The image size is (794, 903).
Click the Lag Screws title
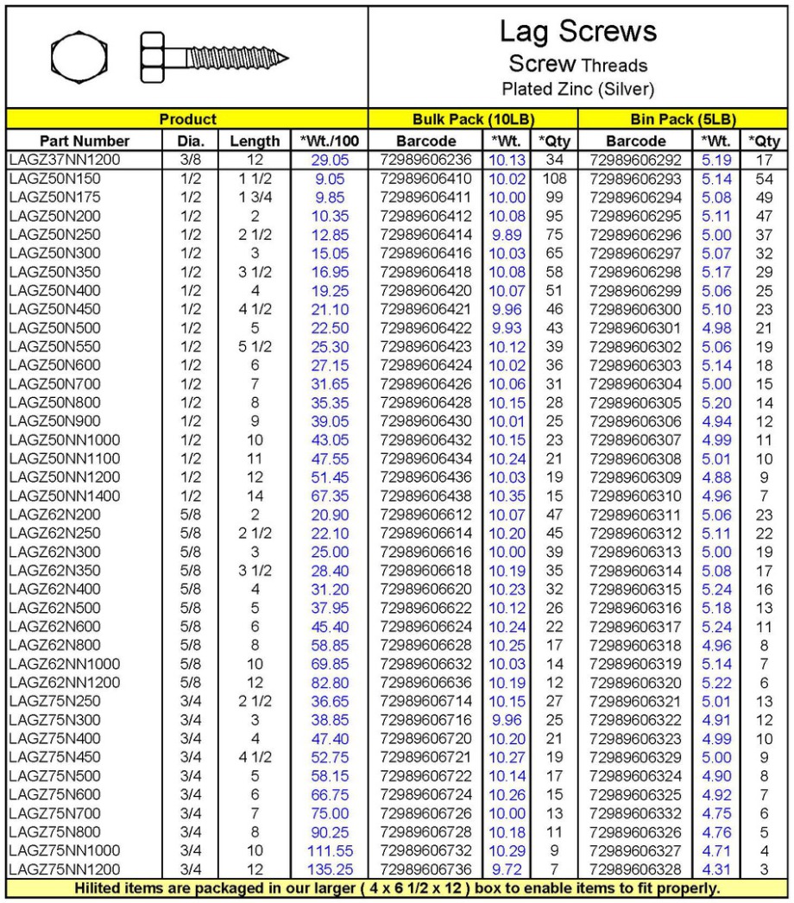[x=577, y=32]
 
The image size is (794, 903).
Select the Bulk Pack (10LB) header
[x=473, y=119]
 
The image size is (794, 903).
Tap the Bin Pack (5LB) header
[x=684, y=119]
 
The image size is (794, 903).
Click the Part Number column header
[x=72, y=141]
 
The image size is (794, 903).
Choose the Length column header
[x=255, y=141]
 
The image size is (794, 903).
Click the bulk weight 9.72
[x=507, y=868]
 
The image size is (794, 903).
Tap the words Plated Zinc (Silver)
[x=577, y=89]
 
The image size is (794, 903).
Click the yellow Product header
[x=188, y=119]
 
